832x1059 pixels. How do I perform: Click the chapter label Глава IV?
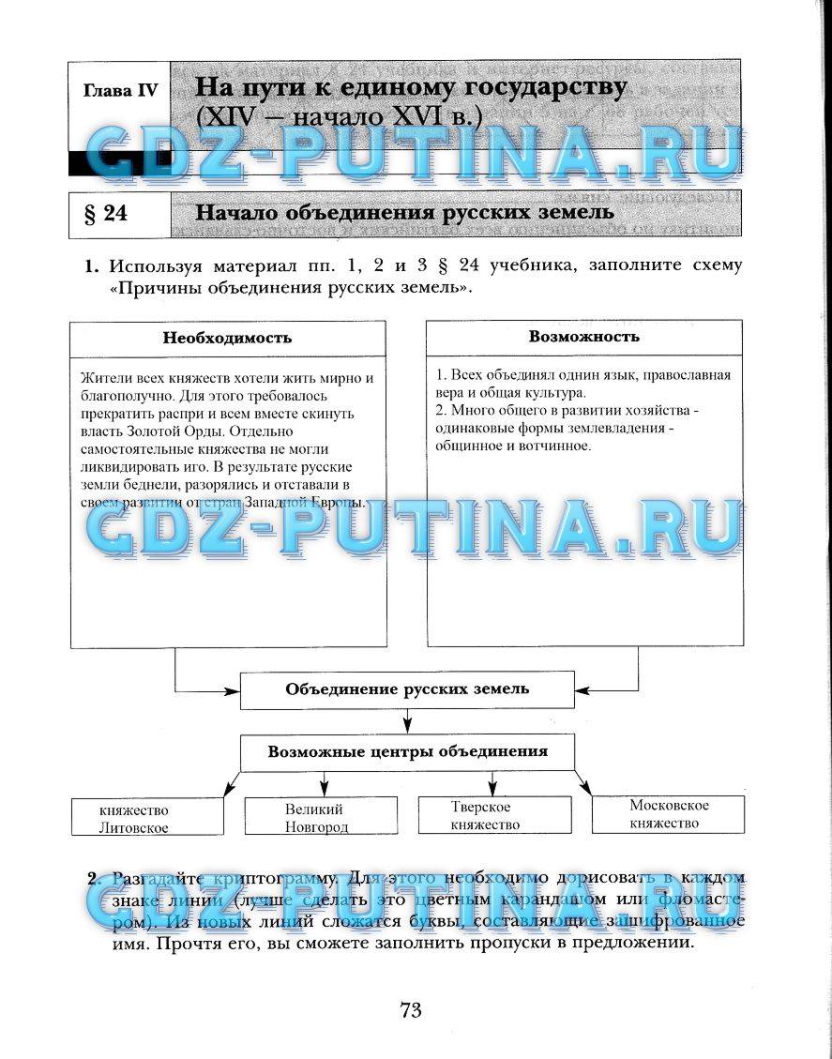[120, 91]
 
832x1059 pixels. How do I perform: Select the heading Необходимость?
[227, 338]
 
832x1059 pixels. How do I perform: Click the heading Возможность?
[583, 336]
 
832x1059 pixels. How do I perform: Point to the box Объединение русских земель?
[407, 689]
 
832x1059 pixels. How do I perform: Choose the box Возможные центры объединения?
[407, 751]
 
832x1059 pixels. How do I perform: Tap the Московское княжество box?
[668, 814]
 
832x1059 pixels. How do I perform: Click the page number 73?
[411, 1009]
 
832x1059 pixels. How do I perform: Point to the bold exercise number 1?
[91, 266]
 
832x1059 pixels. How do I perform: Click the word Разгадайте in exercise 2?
[154, 879]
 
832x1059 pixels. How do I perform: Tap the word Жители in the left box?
[101, 378]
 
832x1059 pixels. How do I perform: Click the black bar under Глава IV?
[120, 165]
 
